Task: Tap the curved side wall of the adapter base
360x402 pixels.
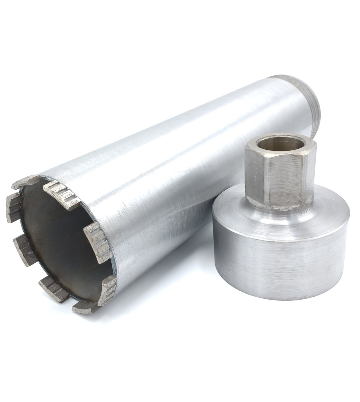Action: point(278,261)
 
